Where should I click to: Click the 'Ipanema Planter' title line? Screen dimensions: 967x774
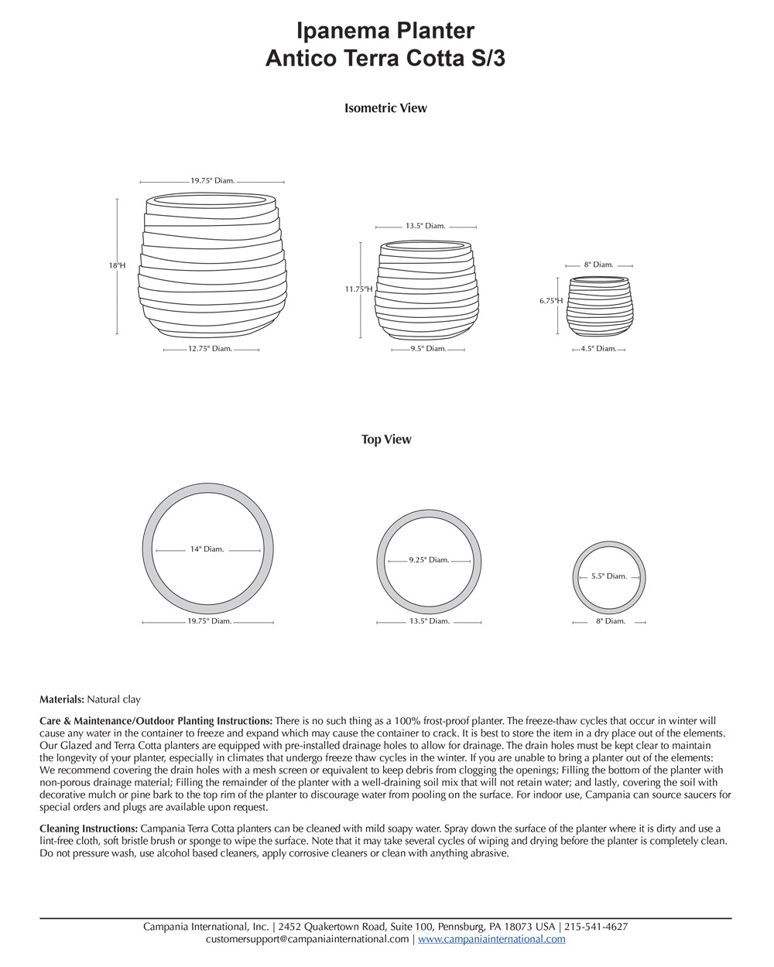385,31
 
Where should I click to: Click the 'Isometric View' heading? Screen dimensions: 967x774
385,108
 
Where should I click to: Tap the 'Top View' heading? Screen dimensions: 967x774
386,439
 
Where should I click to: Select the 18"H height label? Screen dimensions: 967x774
116,265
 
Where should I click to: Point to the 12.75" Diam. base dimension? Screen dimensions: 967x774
211,349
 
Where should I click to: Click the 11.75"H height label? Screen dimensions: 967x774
358,289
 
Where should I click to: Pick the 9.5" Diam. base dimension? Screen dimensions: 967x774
428,349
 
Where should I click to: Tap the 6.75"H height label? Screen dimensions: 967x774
551,302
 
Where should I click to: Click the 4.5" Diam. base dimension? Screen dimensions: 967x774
598,349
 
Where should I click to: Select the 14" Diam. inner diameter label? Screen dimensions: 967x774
207,549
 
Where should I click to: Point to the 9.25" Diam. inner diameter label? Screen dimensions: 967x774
429,560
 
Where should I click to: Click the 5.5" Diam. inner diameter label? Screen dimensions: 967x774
608,576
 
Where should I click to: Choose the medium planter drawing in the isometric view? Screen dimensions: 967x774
426,291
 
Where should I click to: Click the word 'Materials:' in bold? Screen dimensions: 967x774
62,699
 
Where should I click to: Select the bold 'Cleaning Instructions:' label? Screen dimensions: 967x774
87,829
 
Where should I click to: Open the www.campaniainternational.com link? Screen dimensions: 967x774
491,939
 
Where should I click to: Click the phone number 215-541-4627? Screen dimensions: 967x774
596,927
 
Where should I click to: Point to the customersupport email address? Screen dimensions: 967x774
307,939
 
